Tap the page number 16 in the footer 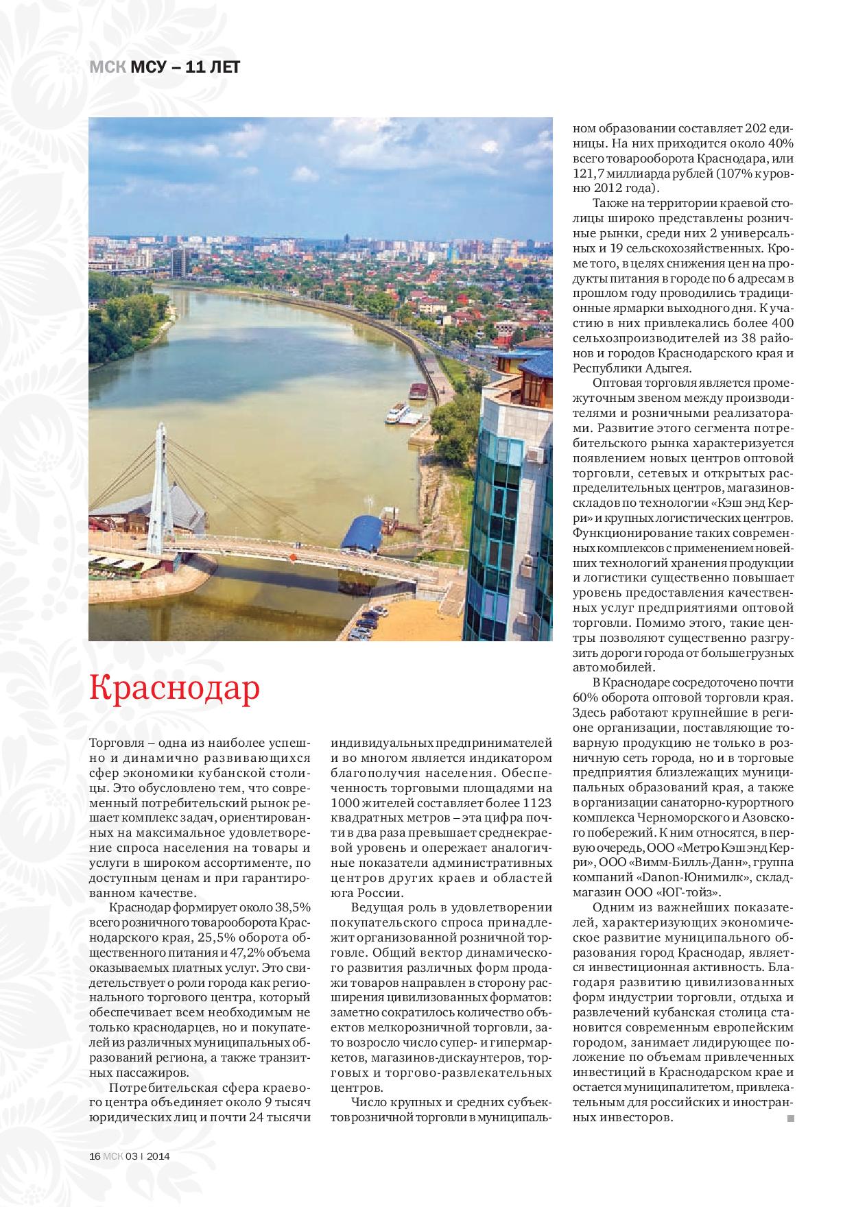[95, 1155]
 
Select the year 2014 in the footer [158, 1155]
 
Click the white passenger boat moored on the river [397, 414]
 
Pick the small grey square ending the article [790, 1119]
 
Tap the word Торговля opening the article [117, 742]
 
